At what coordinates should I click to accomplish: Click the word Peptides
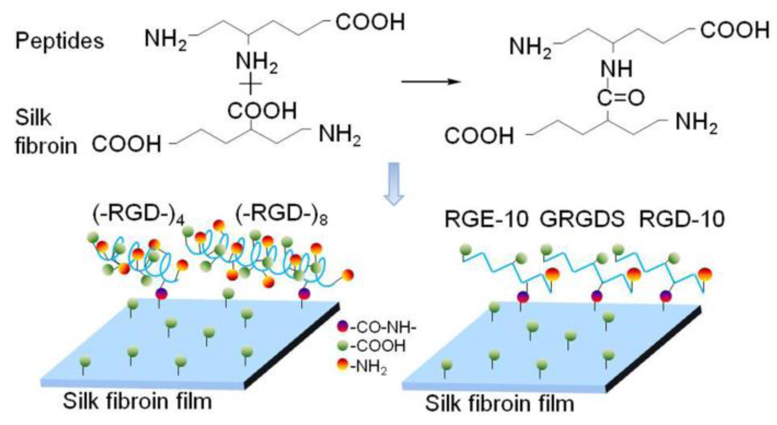click(x=59, y=41)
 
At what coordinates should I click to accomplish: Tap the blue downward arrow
click(x=393, y=184)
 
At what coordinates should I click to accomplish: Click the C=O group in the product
click(x=620, y=97)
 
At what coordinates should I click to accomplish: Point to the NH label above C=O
click(x=616, y=69)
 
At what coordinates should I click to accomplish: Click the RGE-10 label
click(x=486, y=219)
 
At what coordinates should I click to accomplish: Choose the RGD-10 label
click(x=681, y=219)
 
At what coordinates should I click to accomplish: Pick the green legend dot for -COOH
click(x=342, y=345)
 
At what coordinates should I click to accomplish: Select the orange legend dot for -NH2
click(x=342, y=364)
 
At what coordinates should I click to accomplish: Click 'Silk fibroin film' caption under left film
click(x=137, y=401)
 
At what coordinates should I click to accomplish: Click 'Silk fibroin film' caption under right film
click(x=499, y=403)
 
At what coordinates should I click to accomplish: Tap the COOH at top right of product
click(x=734, y=31)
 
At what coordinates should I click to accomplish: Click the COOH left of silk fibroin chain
click(x=126, y=144)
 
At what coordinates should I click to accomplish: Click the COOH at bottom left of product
click(x=479, y=136)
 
